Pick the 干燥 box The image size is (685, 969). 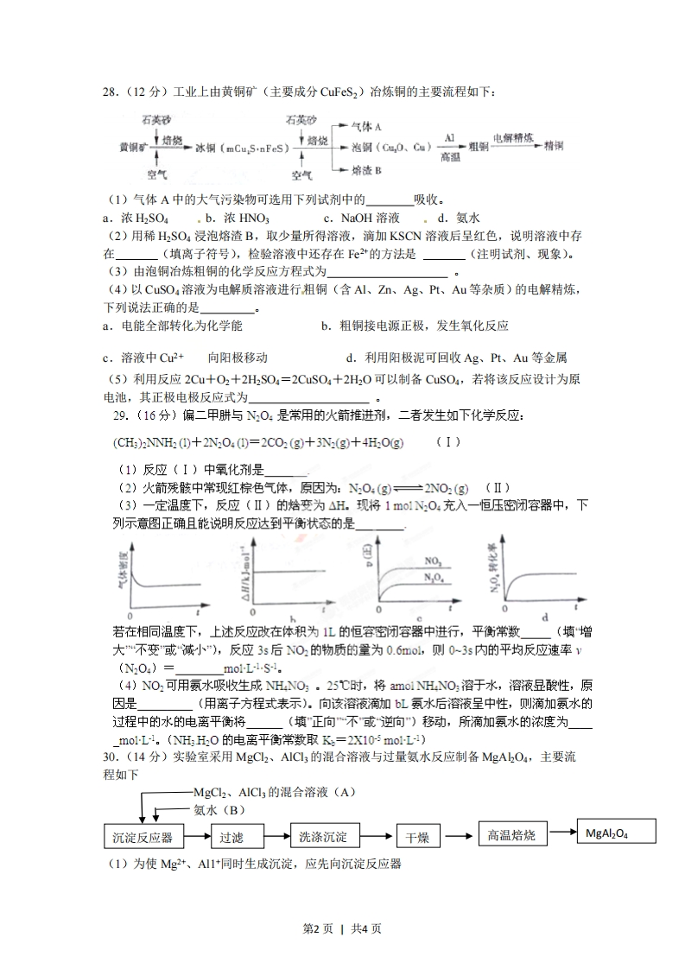[x=419, y=837]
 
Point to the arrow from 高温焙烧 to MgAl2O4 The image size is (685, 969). [x=562, y=833]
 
